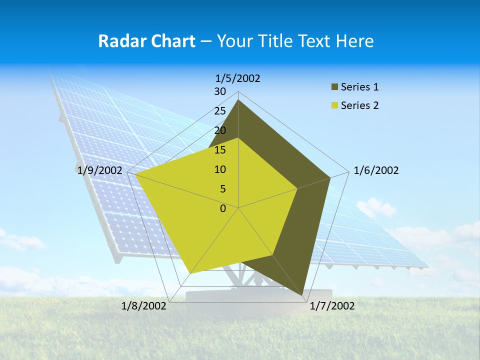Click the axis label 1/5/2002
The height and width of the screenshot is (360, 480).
tap(238, 78)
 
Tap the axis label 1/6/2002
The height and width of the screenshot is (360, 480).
tap(376, 170)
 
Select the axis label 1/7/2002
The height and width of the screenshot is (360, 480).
tap(332, 306)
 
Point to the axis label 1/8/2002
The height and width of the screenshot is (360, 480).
tap(144, 306)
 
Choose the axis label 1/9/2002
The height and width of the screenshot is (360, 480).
tap(100, 170)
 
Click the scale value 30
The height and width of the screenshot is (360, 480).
tap(220, 91)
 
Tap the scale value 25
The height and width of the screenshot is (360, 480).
tap(220, 111)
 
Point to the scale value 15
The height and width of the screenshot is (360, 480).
tap(220, 150)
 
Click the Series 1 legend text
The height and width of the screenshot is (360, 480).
tap(359, 87)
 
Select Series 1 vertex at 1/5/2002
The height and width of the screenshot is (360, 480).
tap(238, 99)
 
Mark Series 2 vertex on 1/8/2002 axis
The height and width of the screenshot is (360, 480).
tap(190, 273)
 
